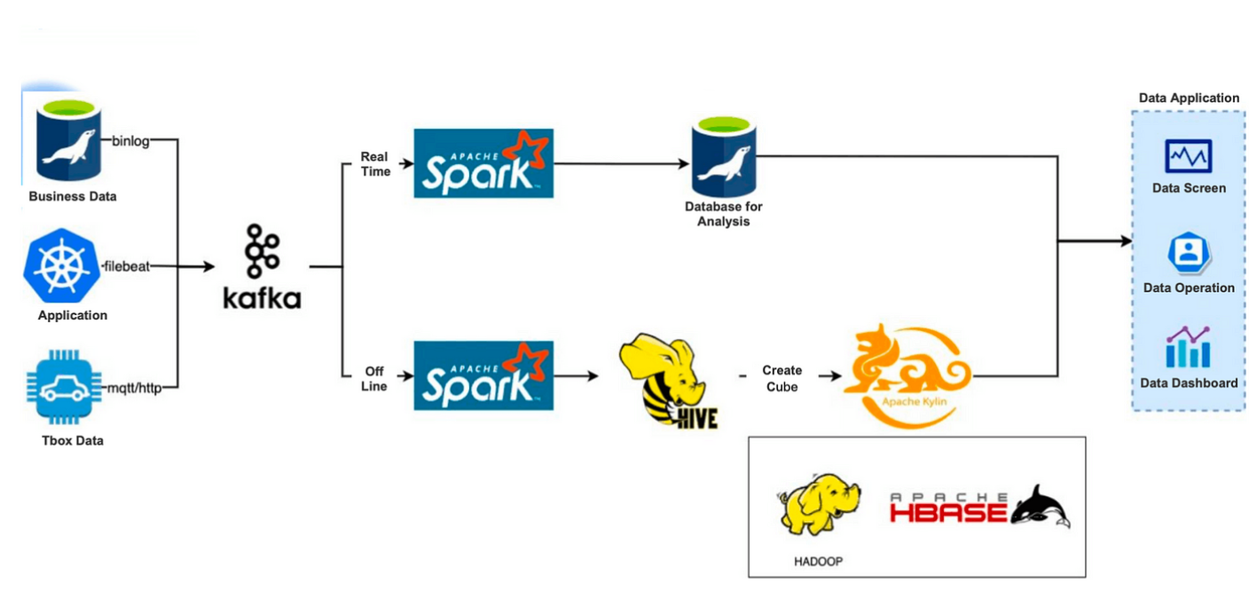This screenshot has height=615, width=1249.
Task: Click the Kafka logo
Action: (x=262, y=266)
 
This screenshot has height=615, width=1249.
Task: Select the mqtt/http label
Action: (x=135, y=388)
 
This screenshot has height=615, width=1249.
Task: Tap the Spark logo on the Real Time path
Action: (x=483, y=163)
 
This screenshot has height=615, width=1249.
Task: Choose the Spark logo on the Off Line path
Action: (x=483, y=375)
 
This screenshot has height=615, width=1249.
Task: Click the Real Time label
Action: (x=374, y=164)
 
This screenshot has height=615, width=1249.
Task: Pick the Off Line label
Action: (x=374, y=378)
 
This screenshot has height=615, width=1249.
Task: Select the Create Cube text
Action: (x=782, y=378)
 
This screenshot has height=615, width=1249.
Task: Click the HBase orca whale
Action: (x=1041, y=506)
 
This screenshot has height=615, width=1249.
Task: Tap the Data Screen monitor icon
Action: (x=1188, y=156)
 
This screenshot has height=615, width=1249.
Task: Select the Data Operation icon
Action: (x=1188, y=253)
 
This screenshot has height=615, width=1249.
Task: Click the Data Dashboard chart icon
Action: (x=1188, y=348)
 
